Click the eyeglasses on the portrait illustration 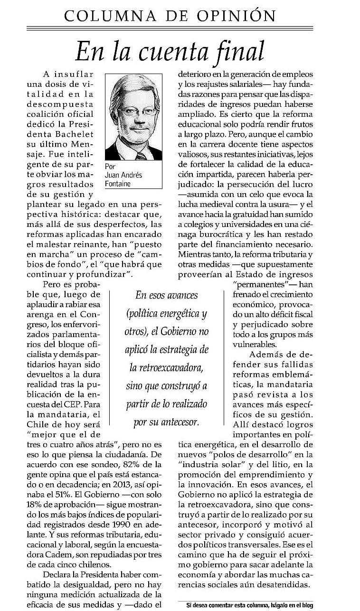(x=136, y=113)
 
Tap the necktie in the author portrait (x=141, y=155)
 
